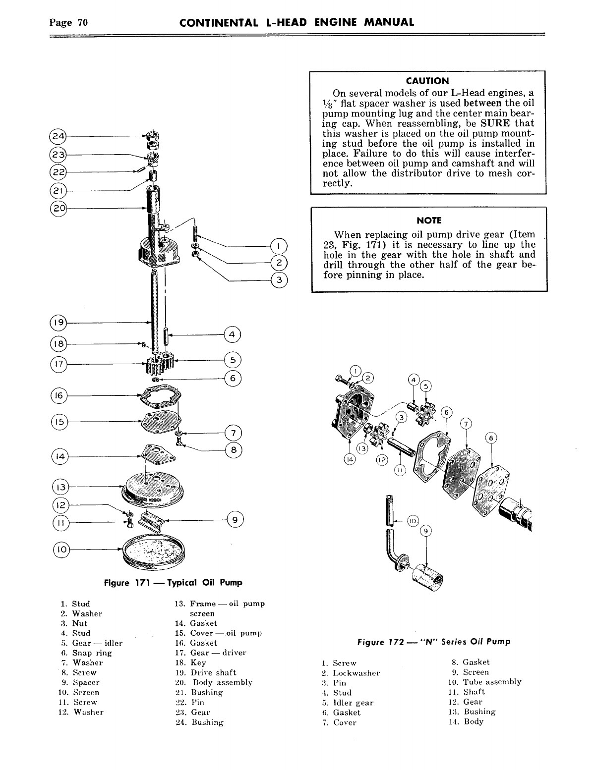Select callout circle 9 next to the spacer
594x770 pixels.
click(234, 520)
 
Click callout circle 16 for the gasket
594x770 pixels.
click(59, 396)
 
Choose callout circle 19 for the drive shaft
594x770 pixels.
click(59, 323)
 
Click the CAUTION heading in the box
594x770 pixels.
click(427, 80)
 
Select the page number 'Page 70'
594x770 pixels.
click(68, 22)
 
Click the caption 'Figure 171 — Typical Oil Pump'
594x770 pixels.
click(173, 582)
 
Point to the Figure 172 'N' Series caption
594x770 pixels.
click(434, 642)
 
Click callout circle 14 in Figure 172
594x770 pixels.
click(350, 459)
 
